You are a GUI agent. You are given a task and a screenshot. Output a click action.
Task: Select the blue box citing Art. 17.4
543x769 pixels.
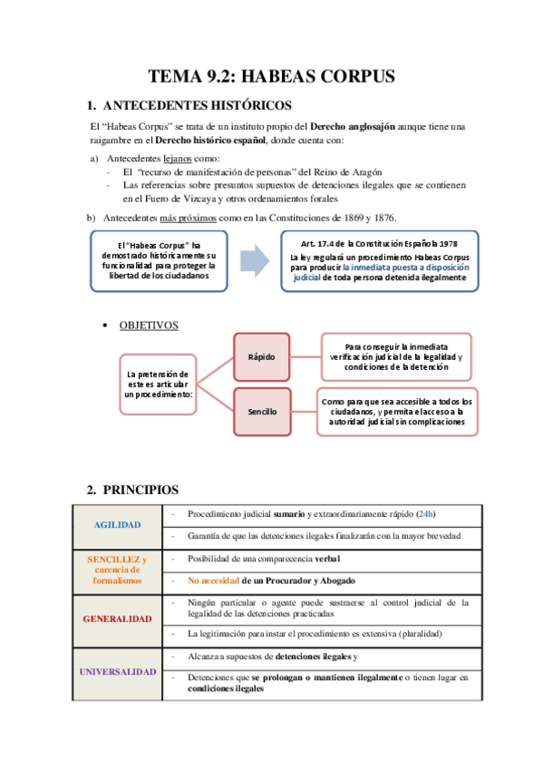[379, 261]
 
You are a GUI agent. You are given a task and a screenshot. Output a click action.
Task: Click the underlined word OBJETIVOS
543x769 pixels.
[149, 325]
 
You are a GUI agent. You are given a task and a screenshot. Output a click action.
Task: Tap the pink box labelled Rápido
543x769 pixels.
[262, 356]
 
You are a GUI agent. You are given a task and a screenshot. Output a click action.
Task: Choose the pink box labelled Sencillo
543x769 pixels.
[262, 412]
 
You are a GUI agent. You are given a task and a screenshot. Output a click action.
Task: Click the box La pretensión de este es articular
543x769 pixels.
[158, 384]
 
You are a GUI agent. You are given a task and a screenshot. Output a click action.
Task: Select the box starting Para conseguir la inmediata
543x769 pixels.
[396, 356]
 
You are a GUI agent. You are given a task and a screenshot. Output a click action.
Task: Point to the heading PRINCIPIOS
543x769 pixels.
[146, 490]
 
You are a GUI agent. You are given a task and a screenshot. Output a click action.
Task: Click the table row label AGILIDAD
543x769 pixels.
[117, 525]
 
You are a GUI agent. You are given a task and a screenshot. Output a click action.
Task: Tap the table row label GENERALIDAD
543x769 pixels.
[117, 618]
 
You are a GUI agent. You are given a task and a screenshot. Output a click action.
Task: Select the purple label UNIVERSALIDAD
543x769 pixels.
[117, 672]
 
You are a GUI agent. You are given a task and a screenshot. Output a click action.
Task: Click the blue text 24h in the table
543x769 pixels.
[425, 514]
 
